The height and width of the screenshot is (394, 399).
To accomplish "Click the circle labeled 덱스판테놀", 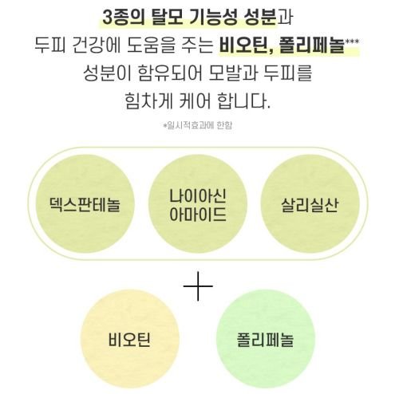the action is click(85, 204).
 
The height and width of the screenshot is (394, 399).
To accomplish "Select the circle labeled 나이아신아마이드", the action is click(198, 204).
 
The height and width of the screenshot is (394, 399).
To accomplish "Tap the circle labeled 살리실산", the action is click(310, 204).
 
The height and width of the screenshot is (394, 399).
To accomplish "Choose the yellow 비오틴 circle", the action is click(130, 339).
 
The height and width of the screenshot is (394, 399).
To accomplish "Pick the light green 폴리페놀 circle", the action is click(266, 339).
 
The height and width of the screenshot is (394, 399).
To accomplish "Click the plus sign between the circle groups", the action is click(198, 286).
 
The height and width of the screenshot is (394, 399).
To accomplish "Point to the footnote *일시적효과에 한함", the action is click(198, 125).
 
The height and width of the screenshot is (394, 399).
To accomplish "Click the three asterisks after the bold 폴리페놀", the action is click(352, 41).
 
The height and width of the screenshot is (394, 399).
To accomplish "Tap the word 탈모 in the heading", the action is click(168, 18).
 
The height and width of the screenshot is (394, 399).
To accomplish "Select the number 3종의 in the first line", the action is click(124, 18).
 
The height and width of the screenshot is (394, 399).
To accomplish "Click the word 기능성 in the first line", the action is click(214, 18).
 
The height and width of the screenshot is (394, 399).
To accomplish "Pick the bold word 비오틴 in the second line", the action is click(244, 46).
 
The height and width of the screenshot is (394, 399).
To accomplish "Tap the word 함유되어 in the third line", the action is click(170, 73).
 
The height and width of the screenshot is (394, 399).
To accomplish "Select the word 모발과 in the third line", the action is click(233, 73).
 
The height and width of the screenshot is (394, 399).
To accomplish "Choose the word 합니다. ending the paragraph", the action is click(243, 101).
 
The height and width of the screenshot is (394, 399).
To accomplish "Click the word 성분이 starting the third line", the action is click(107, 73).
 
